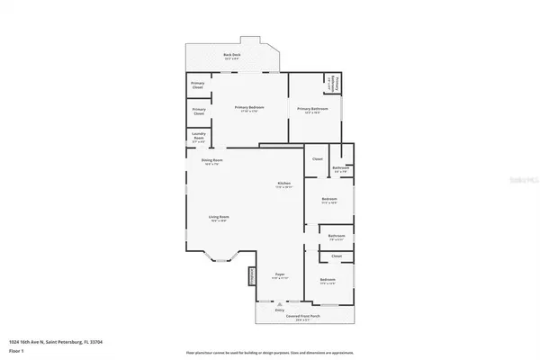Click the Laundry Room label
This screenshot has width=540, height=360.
coord(199,138)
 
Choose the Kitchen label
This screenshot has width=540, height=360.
coord(283,185)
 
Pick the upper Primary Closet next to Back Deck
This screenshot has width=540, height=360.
coord(199,85)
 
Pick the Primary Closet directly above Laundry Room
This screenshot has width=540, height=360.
coord(199,111)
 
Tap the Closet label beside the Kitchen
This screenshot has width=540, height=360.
coord(317,159)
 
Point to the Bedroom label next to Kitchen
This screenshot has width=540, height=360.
coord(329,200)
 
